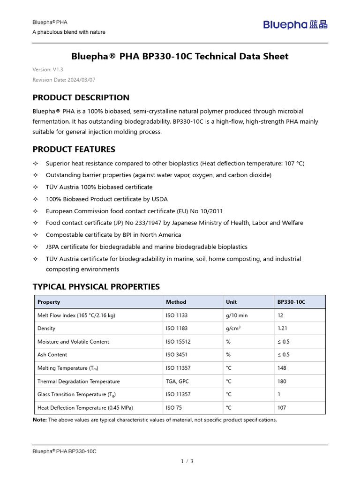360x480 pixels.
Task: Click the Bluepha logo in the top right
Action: coord(295,25)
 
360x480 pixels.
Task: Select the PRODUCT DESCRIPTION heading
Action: coord(81,97)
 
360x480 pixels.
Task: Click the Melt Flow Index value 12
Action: coord(280,315)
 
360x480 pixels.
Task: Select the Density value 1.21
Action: coord(282,329)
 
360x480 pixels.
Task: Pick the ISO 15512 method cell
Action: coord(178,342)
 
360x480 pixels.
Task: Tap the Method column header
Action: coord(176,302)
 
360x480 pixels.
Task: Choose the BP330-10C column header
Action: coord(291,302)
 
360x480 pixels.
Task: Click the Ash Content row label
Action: coord(52,355)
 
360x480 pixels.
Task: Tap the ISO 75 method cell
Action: coord(174,408)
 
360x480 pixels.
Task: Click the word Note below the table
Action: coord(39,420)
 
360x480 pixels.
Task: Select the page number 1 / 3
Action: coord(187,461)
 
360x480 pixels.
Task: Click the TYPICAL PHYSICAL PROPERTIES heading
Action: coord(96,286)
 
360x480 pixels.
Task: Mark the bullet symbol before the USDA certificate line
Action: coord(36,199)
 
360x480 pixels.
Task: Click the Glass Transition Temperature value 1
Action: coord(279,394)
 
